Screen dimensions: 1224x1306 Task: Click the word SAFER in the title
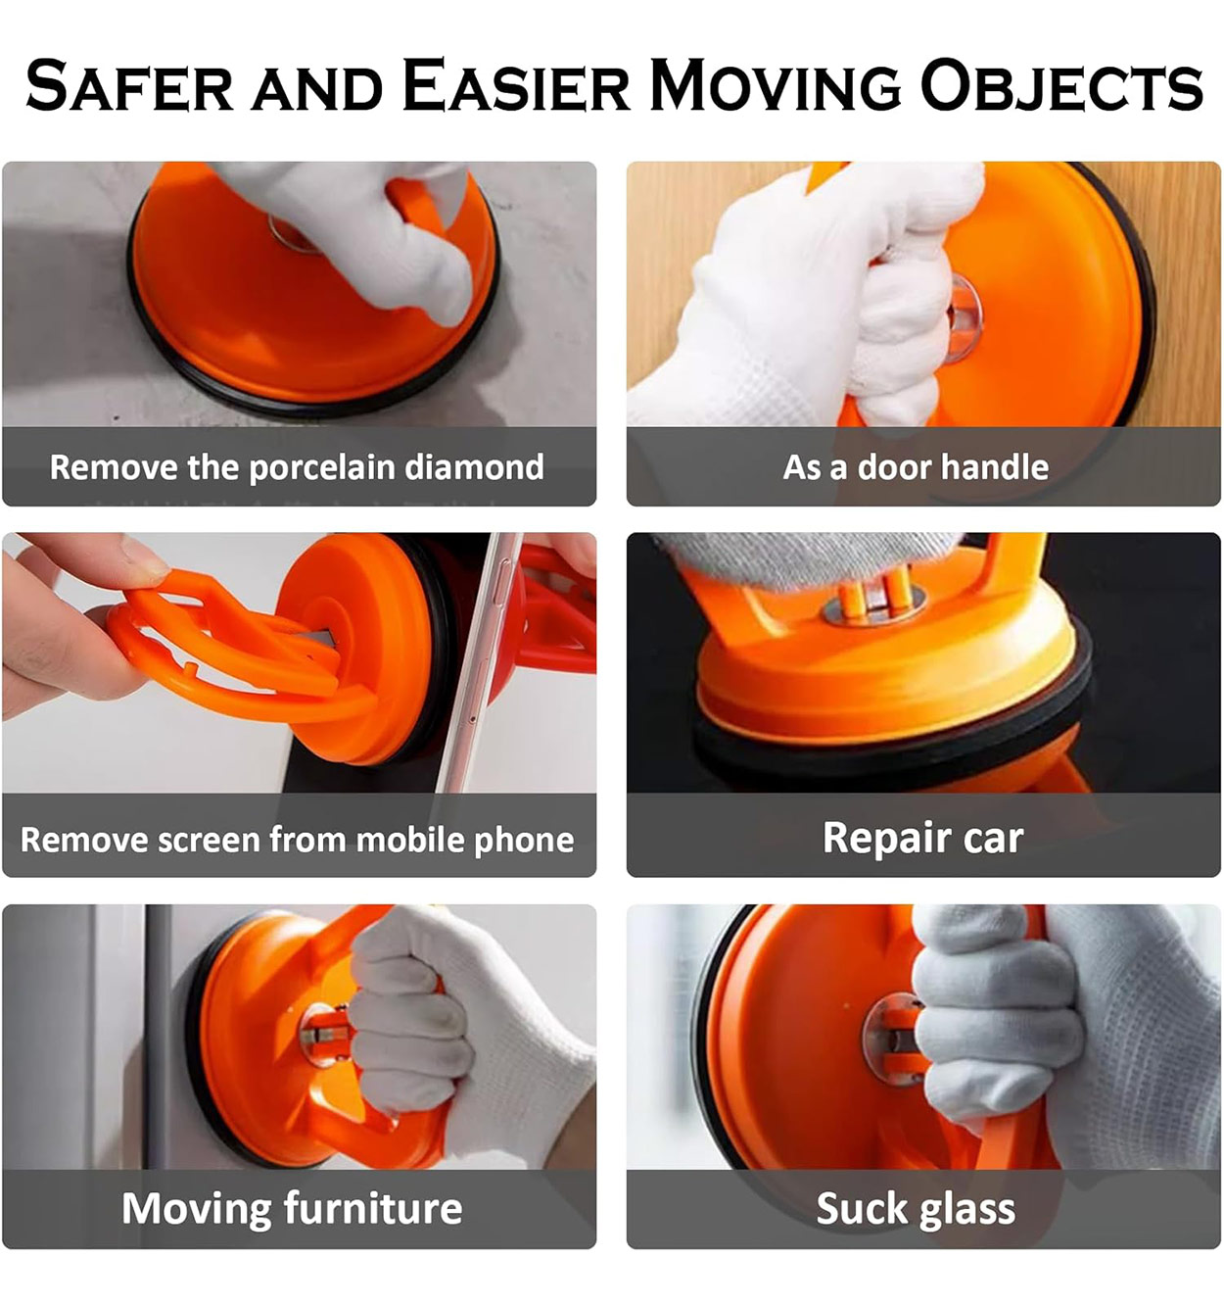[x=129, y=85]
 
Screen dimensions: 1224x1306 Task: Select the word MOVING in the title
[x=775, y=85]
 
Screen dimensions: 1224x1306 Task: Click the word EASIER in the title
[x=516, y=85]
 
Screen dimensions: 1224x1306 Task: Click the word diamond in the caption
[x=474, y=467]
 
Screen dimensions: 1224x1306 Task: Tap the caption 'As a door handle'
[x=916, y=467]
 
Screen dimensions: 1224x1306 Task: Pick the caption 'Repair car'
[x=923, y=838]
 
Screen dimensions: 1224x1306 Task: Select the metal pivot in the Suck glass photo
[x=891, y=1040]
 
